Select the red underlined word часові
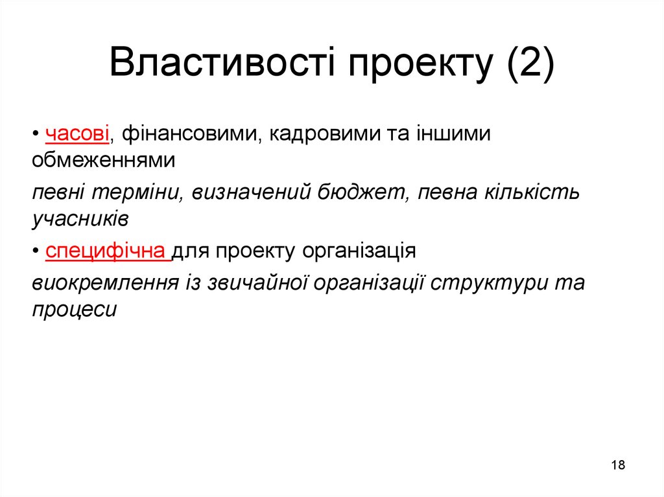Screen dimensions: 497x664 click(78, 133)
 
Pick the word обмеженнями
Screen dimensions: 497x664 click(104, 159)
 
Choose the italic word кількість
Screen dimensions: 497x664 click(531, 192)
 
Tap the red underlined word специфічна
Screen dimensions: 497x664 click(107, 250)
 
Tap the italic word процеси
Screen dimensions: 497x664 click(74, 309)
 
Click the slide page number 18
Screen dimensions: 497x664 click(618, 465)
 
